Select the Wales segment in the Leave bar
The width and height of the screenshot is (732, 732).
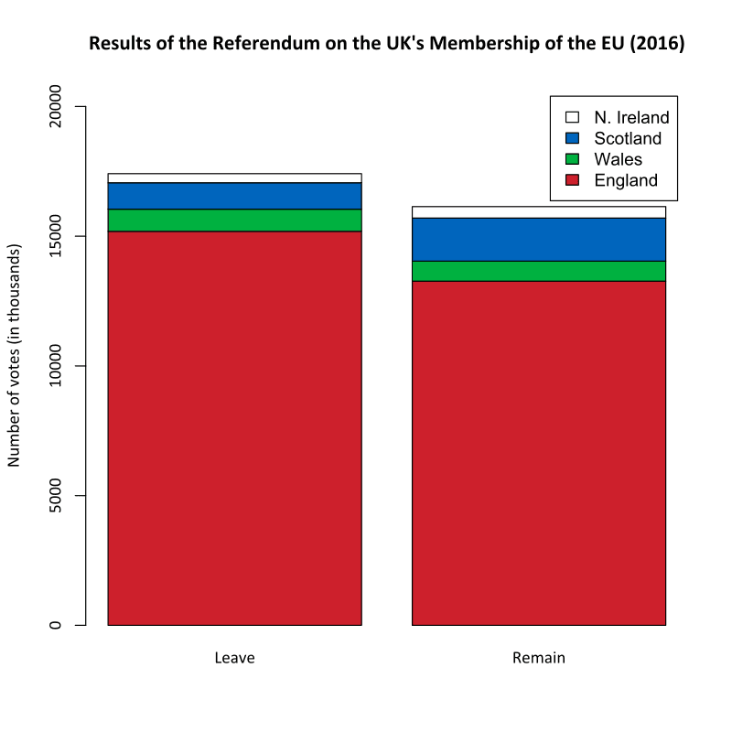[234, 221]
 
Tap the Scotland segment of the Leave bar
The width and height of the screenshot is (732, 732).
[234, 196]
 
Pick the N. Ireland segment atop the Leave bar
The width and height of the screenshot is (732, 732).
[234, 178]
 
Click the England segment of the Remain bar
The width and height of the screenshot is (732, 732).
[538, 453]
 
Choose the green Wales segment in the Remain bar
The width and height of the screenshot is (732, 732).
[538, 271]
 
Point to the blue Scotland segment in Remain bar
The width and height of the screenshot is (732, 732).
[538, 239]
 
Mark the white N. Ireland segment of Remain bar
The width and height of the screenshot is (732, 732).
[538, 212]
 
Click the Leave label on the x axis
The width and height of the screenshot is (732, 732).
[234, 658]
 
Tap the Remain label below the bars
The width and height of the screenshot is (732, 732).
[538, 658]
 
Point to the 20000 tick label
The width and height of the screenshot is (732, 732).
[55, 107]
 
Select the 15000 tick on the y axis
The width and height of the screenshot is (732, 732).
[55, 237]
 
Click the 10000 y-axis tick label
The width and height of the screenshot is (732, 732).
[55, 367]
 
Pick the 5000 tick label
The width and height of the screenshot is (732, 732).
[55, 496]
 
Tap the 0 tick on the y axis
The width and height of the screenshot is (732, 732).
[55, 626]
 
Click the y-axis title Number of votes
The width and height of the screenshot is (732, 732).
[15, 356]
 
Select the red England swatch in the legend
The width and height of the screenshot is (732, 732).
[573, 180]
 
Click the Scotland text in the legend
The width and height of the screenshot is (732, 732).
[627, 138]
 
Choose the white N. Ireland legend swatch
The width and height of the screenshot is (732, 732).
[573, 117]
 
